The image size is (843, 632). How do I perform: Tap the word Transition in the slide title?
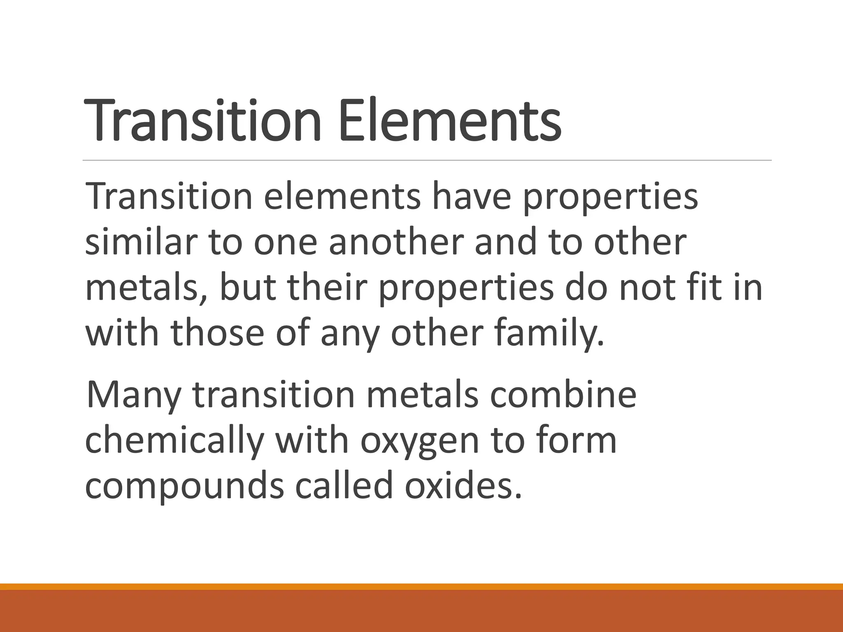[x=202, y=120]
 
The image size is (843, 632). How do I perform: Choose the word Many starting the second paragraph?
[x=133, y=395]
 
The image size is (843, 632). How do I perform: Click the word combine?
[x=564, y=395]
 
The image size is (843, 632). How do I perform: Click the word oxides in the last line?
[x=463, y=486]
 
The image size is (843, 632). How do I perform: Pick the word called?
[x=344, y=486]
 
